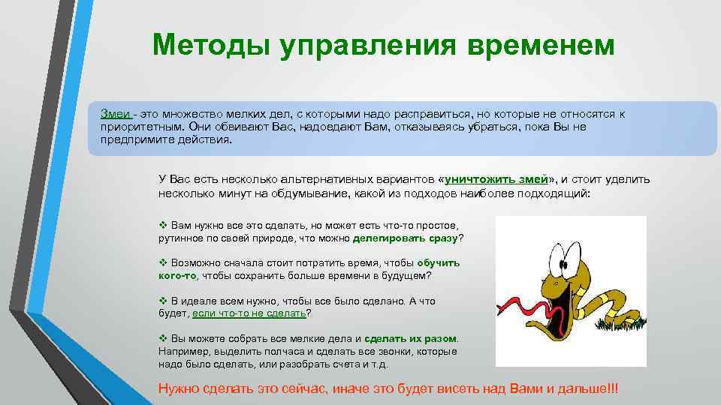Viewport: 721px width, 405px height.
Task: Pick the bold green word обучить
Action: click(439, 263)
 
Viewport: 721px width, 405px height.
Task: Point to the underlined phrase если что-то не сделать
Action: click(249, 313)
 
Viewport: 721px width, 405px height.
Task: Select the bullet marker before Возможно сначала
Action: click(163, 263)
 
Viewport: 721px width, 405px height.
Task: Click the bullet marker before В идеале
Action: click(163, 301)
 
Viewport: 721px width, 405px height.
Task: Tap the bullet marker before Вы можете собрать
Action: click(163, 338)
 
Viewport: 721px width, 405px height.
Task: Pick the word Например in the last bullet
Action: click(181, 351)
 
